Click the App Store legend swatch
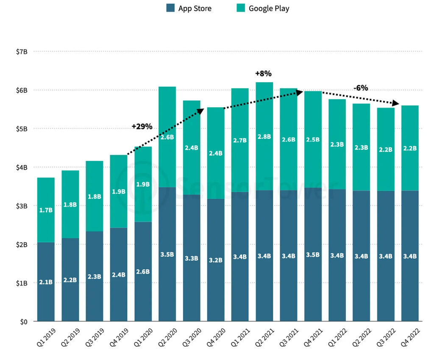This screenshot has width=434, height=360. pos(170,8)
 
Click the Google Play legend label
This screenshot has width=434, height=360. pos(269,8)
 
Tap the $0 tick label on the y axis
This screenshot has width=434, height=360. pos(25,322)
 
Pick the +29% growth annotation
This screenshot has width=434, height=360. pos(142,127)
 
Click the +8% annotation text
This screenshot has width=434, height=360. pos(263,74)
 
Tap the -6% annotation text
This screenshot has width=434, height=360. pos(361,88)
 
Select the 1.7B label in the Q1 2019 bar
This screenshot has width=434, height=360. pos(45,210)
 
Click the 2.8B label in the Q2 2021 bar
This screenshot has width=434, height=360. pos(264,136)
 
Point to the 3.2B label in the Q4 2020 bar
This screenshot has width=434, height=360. pos(215,260)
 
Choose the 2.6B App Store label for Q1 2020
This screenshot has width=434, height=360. pos(142,271)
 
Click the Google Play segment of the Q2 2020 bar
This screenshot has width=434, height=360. pos(167,114)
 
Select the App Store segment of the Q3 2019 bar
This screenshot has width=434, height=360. pos(94,254)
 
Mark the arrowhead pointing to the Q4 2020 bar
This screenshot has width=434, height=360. pos(200,110)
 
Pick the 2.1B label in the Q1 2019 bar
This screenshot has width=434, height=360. pos(45,282)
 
